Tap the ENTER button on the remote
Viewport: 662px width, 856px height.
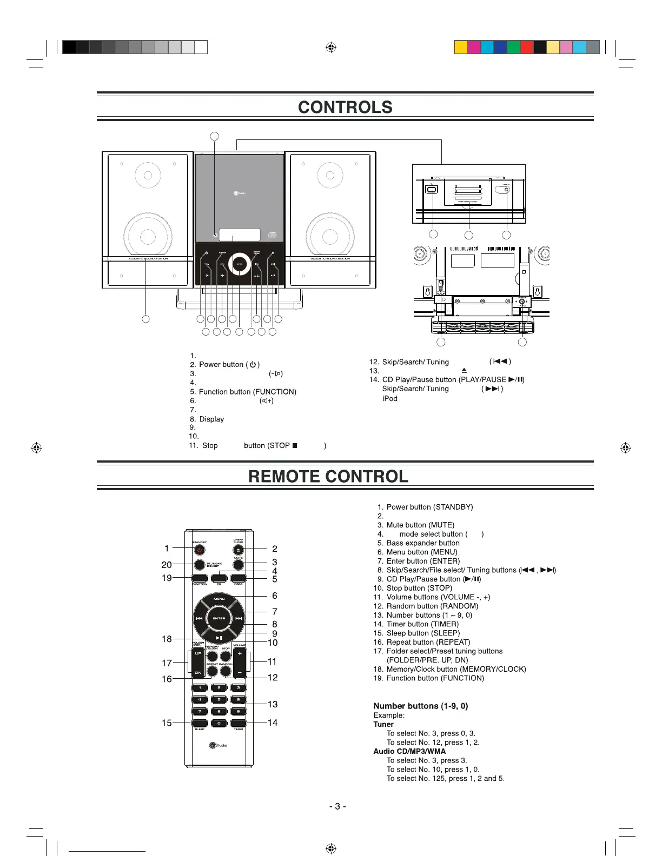coord(219,618)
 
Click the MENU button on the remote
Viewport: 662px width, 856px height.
coord(219,599)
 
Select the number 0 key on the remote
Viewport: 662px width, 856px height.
coord(219,723)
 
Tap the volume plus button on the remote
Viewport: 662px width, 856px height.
coord(240,653)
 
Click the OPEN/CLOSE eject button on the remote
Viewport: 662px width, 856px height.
coord(239,550)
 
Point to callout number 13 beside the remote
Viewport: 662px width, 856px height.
coord(273,704)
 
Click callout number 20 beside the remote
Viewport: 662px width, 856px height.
coord(167,565)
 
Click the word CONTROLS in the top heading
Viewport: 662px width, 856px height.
coord(345,107)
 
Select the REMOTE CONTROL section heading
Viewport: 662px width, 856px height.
coord(328,476)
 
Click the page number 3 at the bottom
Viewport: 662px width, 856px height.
coord(337,806)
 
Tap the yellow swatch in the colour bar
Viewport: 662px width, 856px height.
coord(461,48)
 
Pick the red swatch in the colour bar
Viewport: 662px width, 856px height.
coord(527,48)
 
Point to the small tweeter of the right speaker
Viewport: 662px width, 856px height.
coord(330,176)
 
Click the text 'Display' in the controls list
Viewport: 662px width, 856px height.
coord(211,419)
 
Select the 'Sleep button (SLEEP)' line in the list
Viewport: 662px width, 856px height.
coord(423,633)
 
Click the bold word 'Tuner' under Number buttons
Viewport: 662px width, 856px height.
coord(383,724)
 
